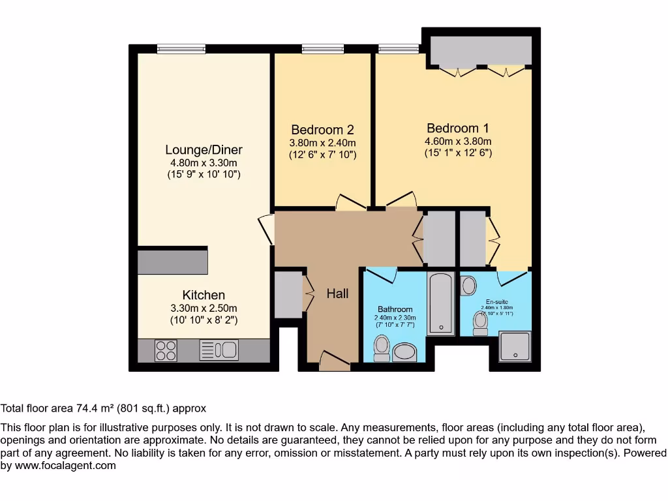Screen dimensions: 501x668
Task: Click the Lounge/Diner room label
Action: (204, 150)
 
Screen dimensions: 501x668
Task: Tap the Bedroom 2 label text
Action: (322, 130)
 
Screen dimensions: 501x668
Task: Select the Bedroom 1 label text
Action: (457, 129)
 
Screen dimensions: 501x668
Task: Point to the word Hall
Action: (337, 294)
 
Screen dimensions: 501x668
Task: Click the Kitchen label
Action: (204, 296)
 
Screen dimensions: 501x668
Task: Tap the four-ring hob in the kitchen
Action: (166, 350)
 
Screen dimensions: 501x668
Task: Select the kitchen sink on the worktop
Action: (219, 350)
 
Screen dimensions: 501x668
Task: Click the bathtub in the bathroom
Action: (441, 303)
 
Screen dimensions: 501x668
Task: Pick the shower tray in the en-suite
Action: (515, 346)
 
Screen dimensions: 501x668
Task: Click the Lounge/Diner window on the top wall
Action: (181, 48)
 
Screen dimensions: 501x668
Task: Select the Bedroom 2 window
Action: (322, 48)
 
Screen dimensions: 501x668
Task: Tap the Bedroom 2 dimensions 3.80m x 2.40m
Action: (322, 143)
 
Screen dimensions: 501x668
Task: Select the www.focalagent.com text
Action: (65, 466)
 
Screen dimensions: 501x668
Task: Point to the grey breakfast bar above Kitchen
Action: (173, 262)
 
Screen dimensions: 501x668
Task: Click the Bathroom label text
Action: (395, 309)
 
